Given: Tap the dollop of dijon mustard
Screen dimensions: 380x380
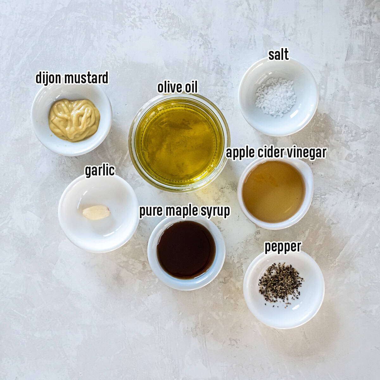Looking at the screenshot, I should (74, 120).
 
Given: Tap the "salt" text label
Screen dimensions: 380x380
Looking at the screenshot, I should (278, 54).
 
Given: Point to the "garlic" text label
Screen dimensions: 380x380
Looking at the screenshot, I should (100, 170).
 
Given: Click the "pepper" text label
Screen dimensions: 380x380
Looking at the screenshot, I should (282, 246).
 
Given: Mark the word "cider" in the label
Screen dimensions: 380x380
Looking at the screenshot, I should (269, 152).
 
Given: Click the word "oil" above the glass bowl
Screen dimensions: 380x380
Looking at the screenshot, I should (191, 87).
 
